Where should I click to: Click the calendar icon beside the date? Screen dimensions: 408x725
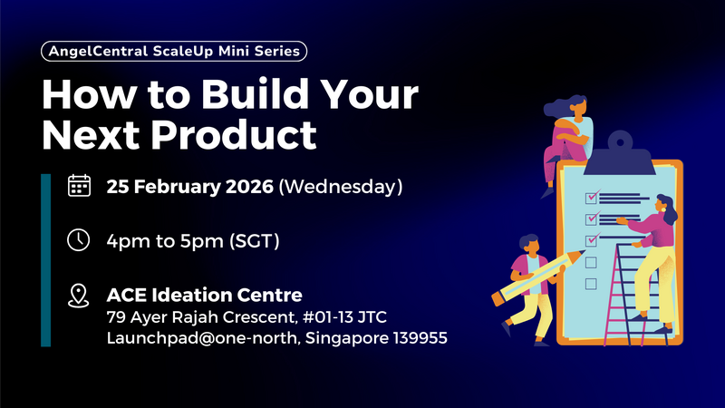(80, 187)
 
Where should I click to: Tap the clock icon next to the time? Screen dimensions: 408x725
(80, 240)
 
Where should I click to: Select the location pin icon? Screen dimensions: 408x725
(80, 296)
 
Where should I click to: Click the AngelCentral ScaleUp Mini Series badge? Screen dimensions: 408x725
(174, 52)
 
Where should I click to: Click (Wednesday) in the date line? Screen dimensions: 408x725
(340, 188)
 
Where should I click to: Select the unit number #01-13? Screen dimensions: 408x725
(343, 317)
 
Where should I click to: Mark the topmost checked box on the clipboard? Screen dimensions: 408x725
(592, 196)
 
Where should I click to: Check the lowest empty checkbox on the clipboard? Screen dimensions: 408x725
(591, 284)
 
